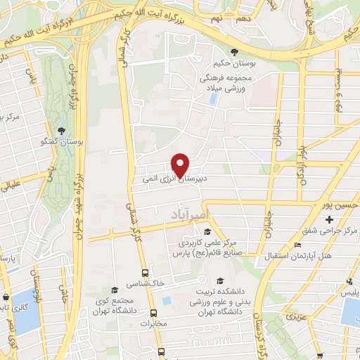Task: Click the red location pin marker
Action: coord(180,163)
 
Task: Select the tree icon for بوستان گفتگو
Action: coord(62,131)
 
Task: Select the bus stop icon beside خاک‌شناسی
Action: coord(145,273)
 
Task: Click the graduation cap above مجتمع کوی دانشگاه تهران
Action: coord(115,290)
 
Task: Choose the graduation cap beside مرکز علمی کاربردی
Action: coord(207,232)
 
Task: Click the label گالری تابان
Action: coord(6,307)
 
